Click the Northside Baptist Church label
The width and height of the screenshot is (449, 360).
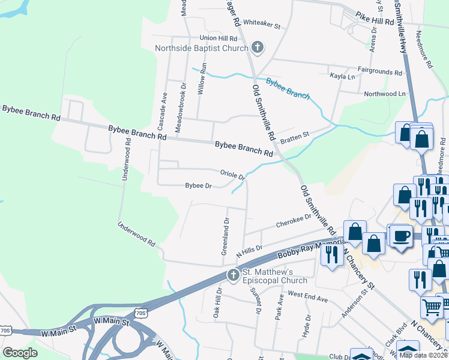pyautogui.click(x=202, y=48)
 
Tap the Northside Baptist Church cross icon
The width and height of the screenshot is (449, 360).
pyautogui.click(x=257, y=47)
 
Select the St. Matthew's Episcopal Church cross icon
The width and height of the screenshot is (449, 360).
pyautogui.click(x=233, y=275)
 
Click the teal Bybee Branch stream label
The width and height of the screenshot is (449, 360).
pyautogui.click(x=288, y=89)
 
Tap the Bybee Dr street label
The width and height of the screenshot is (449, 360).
pyautogui.click(x=198, y=186)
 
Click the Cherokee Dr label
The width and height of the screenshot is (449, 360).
pyautogui.click(x=294, y=221)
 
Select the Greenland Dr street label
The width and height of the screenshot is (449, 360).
pyautogui.click(x=225, y=235)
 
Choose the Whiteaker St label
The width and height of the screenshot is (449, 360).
pyautogui.click(x=262, y=26)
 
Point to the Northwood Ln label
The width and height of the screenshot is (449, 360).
pyautogui.click(x=385, y=94)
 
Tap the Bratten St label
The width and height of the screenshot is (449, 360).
pyautogui.click(x=295, y=136)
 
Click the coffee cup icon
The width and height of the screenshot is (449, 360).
pyautogui.click(x=400, y=235)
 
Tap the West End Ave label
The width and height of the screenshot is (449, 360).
pyautogui.click(x=307, y=295)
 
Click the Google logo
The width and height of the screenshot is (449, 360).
pyautogui.click(x=20, y=353)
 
